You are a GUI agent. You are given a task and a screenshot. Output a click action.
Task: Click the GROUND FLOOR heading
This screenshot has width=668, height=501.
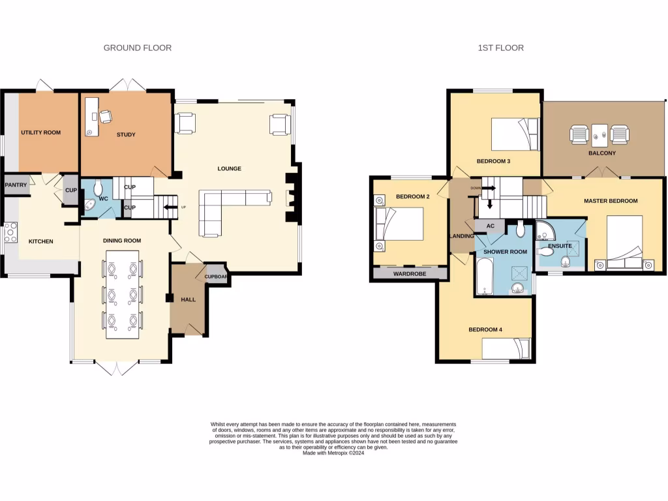138,48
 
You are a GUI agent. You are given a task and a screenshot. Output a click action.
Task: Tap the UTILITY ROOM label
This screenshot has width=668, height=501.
40,132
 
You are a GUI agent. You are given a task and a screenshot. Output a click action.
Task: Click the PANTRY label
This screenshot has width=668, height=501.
16,185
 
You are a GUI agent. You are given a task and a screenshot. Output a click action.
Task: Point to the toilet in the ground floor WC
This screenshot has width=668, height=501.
99,189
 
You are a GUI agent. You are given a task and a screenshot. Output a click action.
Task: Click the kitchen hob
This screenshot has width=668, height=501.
10,233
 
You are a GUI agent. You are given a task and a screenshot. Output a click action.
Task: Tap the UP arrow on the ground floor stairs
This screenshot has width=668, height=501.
170,208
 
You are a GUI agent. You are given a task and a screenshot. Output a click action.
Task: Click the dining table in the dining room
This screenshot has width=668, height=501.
123,294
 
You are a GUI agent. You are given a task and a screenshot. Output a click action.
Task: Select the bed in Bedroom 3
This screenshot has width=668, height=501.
515,134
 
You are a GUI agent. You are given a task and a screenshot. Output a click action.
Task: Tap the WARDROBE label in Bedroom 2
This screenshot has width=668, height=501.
410,274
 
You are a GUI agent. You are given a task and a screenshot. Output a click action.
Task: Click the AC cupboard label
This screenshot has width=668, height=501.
490,226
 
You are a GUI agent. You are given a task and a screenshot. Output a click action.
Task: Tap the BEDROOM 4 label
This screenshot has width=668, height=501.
485,329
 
